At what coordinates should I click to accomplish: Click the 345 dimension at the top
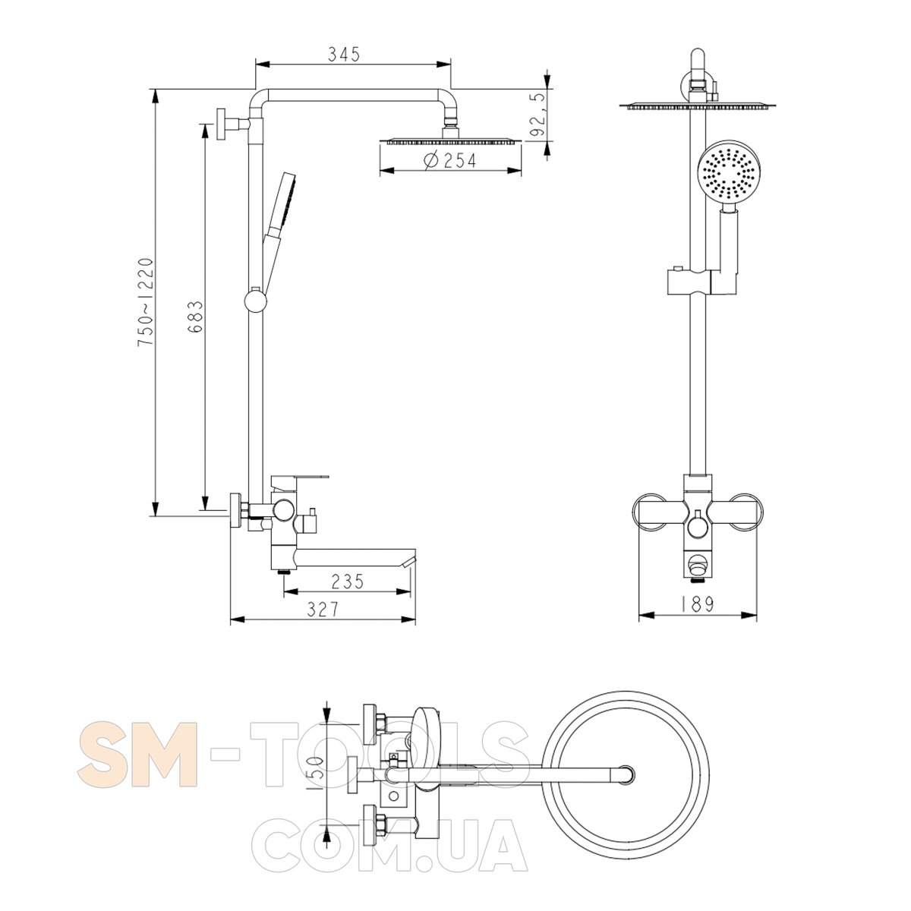[x=344, y=55]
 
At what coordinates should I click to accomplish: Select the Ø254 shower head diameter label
[x=450, y=161]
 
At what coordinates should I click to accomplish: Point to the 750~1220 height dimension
[x=146, y=302]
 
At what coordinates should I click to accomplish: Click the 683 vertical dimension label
[x=195, y=317]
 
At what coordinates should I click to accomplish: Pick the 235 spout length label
[x=348, y=582]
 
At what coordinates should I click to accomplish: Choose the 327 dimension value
[x=323, y=610]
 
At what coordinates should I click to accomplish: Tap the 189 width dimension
[x=697, y=604]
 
